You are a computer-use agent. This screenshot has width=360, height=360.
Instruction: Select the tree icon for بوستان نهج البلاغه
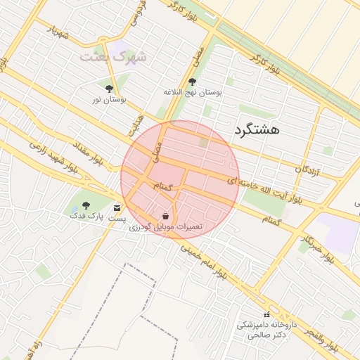193,82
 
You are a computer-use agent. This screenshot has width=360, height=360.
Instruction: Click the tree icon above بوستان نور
108,89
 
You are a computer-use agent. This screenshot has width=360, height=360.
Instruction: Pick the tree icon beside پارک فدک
86,206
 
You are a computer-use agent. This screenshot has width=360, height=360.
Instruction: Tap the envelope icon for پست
117,207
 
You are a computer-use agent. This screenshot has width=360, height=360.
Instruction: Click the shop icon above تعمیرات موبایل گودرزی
165,216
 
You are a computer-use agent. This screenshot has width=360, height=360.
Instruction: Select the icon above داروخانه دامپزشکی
266,314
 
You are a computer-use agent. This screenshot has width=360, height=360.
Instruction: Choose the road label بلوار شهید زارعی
53,156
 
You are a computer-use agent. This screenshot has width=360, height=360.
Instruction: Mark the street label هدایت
136,124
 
